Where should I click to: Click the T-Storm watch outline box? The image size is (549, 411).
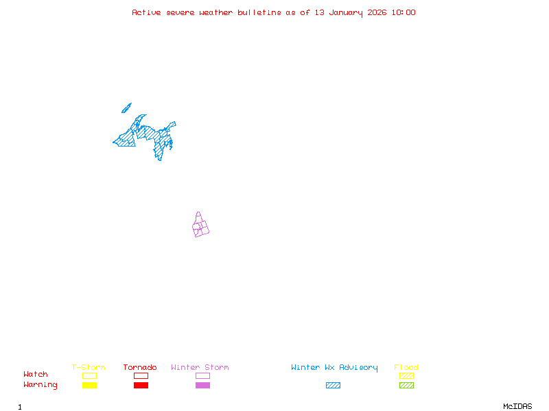(x=89, y=375)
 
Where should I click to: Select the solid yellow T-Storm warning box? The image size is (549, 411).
(x=89, y=385)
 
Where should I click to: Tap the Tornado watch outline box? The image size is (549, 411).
(x=141, y=375)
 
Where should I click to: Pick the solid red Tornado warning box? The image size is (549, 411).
(x=141, y=385)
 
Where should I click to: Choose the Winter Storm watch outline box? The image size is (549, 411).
(x=202, y=375)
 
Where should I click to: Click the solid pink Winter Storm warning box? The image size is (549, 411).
(x=202, y=385)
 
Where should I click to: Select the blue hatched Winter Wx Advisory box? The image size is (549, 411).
(x=333, y=385)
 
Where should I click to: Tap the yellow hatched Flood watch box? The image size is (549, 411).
(x=406, y=375)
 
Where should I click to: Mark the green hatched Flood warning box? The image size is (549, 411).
(x=406, y=385)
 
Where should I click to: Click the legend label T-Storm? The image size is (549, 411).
(x=89, y=367)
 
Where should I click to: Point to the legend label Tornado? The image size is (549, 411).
(x=140, y=367)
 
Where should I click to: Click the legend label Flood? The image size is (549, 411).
(x=406, y=367)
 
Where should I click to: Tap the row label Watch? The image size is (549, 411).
(x=36, y=375)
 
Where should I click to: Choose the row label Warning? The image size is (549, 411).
(x=40, y=385)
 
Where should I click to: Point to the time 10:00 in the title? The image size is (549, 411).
(x=403, y=12)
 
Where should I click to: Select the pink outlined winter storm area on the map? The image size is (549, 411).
(x=200, y=226)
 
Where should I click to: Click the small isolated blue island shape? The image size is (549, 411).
(x=126, y=108)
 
